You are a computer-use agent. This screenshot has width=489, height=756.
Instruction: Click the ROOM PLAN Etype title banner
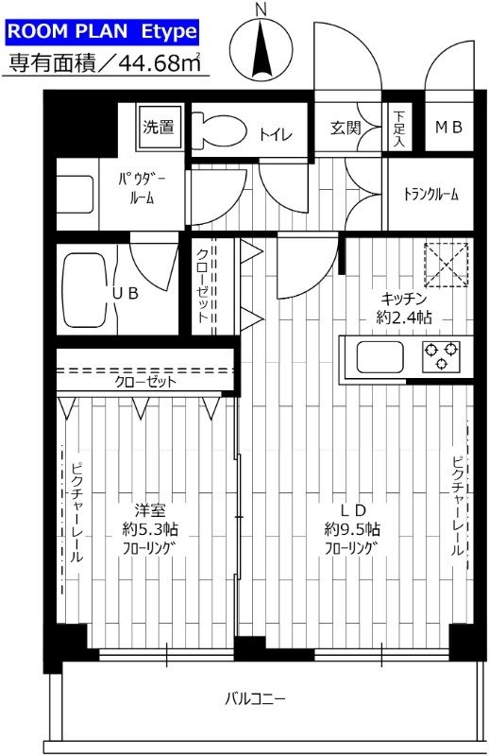coord(103,31)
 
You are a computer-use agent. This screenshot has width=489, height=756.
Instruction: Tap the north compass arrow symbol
coord(263,47)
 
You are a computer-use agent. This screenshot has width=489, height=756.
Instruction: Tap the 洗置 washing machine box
coord(159,127)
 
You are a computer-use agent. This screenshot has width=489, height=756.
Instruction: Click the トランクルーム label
coord(430,195)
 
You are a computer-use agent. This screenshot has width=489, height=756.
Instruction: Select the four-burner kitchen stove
coord(440,356)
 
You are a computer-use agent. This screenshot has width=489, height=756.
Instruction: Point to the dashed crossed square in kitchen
coord(446,264)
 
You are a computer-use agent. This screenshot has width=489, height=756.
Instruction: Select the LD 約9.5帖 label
coord(353,528)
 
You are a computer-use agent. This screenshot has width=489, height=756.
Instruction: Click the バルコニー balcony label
coord(255,699)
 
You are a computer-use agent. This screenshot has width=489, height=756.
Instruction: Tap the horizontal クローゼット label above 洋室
coord(143,382)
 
